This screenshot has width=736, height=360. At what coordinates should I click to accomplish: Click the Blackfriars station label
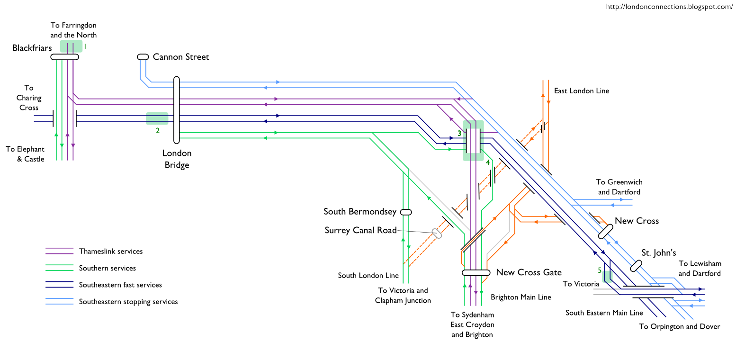click(32, 48)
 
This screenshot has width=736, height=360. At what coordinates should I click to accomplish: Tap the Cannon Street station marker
click(143, 57)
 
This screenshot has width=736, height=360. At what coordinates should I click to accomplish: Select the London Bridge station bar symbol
click(177, 110)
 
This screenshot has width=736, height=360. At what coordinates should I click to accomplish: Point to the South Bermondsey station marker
click(406, 212)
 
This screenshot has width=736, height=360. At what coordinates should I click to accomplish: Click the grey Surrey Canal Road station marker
click(437, 234)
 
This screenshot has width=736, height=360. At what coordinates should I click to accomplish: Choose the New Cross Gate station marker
click(476, 272)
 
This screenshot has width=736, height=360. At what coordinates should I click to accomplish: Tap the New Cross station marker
click(605, 231)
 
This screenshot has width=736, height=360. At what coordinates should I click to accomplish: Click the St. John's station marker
click(635, 266)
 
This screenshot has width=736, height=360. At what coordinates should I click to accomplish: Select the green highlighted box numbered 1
click(71, 46)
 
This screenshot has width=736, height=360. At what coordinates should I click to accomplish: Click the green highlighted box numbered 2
click(157, 118)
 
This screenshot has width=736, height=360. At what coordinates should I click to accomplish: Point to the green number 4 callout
click(487, 162)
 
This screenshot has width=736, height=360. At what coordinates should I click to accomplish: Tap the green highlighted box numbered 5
click(607, 273)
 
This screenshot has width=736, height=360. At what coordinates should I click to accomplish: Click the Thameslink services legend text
click(111, 252)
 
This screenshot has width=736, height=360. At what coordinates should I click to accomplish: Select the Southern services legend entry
click(108, 268)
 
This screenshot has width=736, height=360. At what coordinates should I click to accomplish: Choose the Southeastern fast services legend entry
click(120, 285)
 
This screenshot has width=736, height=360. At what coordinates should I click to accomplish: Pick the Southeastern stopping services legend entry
click(128, 302)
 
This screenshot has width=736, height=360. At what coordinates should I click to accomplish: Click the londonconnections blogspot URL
click(669, 7)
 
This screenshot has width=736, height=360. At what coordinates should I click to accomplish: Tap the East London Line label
click(582, 90)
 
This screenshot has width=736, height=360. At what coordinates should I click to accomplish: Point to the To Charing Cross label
click(29, 98)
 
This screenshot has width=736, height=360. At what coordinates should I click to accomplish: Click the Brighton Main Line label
click(521, 297)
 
